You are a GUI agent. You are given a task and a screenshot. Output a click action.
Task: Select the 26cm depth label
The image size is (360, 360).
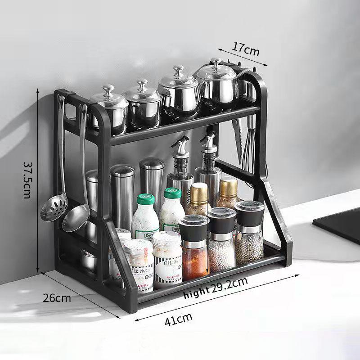(57, 297)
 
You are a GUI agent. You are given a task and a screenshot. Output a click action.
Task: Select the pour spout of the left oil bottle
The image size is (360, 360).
(179, 144)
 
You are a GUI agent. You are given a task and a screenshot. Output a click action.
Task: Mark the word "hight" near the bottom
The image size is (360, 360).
(197, 293)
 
